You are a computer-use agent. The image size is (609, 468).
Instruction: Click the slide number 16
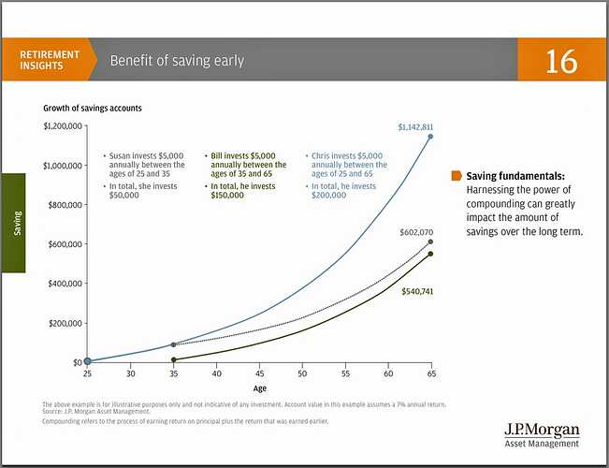(561, 62)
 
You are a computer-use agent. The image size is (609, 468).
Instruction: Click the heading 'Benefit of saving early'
(177, 62)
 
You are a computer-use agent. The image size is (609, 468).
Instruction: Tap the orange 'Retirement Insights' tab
(51, 61)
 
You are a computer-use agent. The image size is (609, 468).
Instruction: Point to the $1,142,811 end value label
(415, 126)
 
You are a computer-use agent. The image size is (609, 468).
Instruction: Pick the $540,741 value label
(417, 291)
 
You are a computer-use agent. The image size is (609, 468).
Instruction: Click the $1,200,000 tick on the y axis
(63, 126)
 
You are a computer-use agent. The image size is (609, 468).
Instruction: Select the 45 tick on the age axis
(259, 373)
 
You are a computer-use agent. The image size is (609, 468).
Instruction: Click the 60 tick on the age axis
(387, 373)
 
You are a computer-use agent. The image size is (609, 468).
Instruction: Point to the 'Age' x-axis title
(259, 387)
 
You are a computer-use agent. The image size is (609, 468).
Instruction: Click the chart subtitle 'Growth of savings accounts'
(92, 108)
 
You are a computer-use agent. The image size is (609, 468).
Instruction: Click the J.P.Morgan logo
(542, 434)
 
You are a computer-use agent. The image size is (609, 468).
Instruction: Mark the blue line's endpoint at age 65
(431, 137)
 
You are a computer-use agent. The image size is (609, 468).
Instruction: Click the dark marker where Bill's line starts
(174, 359)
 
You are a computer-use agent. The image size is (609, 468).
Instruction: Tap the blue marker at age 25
(87, 361)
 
